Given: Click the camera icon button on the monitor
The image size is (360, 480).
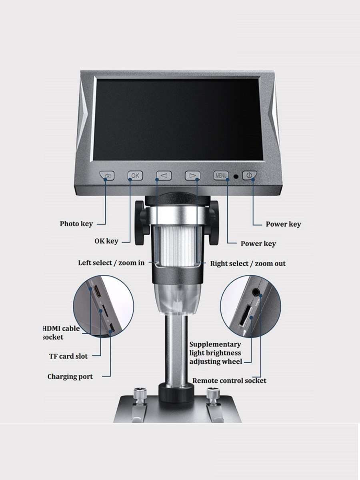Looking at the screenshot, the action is click(x=107, y=175).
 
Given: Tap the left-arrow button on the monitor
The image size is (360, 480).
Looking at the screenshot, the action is click(x=164, y=176).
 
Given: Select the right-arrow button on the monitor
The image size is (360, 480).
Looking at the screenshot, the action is click(x=192, y=176).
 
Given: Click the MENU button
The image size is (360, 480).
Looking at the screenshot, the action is click(x=221, y=175).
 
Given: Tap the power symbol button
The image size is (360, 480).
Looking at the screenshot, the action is click(x=249, y=175).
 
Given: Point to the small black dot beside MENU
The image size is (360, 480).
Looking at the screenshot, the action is click(x=236, y=176).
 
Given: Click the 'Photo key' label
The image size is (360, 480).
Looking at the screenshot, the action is click(x=76, y=224).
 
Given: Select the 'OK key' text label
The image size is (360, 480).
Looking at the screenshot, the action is click(x=106, y=241).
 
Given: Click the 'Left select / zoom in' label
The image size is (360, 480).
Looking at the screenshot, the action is click(x=111, y=263).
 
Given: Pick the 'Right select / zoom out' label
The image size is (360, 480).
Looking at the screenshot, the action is click(x=248, y=264).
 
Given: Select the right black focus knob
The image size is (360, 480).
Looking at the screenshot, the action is click(x=213, y=223).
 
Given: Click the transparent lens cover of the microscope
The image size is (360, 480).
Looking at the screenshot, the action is click(x=178, y=299).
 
